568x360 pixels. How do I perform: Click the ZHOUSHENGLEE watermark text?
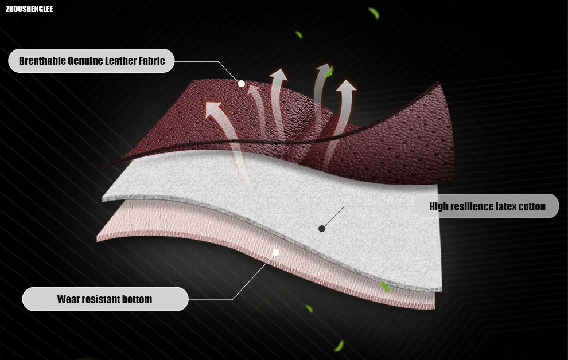(x=29, y=9)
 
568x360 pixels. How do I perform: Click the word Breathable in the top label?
(x=42, y=61)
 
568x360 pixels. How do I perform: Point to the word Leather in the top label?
(x=121, y=61)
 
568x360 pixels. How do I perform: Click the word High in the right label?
(x=439, y=206)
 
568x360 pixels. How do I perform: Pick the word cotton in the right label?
(x=532, y=206)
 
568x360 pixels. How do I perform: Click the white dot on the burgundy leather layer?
(x=242, y=84)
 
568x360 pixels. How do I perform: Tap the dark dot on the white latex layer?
(x=322, y=228)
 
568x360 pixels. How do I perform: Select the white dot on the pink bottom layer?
(x=275, y=252)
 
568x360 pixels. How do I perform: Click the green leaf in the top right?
(x=374, y=13)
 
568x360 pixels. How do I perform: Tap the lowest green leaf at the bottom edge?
(x=339, y=346)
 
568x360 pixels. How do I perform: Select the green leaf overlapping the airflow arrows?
(x=328, y=72)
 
